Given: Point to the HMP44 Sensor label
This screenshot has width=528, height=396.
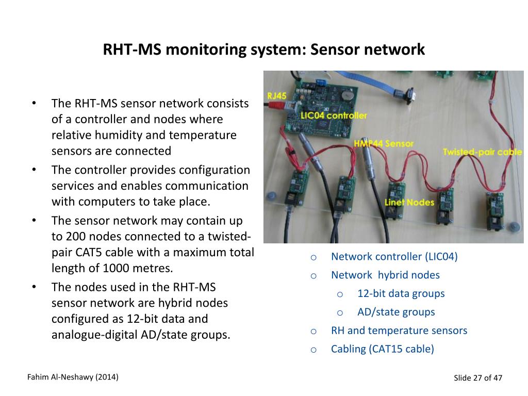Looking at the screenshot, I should (x=384, y=143).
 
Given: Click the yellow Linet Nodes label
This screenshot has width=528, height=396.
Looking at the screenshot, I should (x=409, y=202).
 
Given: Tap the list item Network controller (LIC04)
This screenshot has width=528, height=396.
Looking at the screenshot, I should (x=394, y=257).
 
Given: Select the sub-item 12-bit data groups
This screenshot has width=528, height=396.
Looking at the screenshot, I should (x=401, y=294).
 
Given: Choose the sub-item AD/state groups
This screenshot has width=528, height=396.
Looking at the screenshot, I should (x=396, y=312).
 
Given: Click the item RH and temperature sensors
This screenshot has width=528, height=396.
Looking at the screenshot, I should (x=399, y=331).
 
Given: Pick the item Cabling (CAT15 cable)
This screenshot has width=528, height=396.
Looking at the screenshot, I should (x=382, y=349).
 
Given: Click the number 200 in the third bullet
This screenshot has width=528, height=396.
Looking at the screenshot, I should (x=72, y=237).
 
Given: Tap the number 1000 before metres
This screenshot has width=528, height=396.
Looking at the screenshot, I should (x=115, y=268).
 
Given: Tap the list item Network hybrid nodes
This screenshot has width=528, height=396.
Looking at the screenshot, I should (x=385, y=275).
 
